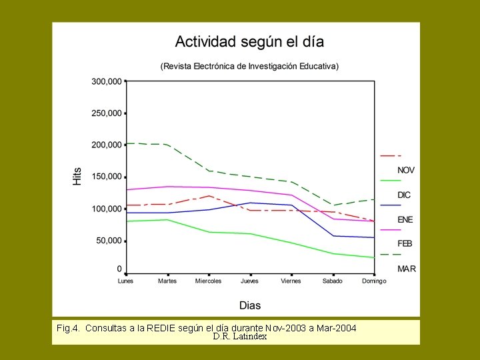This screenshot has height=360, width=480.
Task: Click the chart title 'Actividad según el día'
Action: click(x=249, y=42)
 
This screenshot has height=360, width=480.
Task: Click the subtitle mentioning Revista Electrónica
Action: click(x=249, y=66)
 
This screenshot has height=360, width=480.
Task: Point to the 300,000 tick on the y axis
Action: click(x=107, y=81)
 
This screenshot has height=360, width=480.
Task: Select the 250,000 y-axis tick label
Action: click(x=107, y=113)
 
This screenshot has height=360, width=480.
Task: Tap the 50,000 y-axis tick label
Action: click(x=109, y=241)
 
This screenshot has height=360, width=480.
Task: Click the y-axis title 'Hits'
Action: click(x=77, y=176)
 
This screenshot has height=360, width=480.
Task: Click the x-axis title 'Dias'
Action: click(x=250, y=305)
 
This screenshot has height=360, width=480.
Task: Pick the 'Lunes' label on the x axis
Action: click(x=125, y=281)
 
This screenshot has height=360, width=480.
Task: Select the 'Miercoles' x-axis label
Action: click(x=209, y=281)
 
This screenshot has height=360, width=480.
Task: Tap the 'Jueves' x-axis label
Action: click(x=251, y=281)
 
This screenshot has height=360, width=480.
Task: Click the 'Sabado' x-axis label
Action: click(x=333, y=281)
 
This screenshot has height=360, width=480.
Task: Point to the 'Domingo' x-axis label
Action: click(x=374, y=281)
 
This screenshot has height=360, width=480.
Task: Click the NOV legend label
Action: click(x=406, y=171)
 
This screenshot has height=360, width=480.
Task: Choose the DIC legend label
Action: click(x=404, y=195)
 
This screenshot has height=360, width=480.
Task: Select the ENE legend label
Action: click(x=405, y=220)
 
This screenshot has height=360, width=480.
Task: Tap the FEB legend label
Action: click(x=405, y=244)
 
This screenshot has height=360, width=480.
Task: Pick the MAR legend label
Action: click(x=405, y=269)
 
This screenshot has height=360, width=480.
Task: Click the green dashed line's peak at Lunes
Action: click(x=127, y=143)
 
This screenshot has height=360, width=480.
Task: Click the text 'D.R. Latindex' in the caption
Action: click(x=240, y=336)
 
